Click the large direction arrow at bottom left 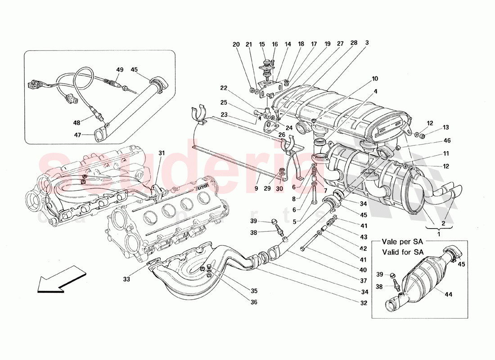(60, 279)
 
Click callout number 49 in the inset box (119, 70)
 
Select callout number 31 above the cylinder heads (162, 153)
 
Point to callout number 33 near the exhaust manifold (127, 279)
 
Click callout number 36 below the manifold (254, 302)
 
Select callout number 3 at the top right (367, 43)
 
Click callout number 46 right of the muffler (447, 141)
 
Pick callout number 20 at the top (237, 44)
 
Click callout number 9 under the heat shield (256, 189)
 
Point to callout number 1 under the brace (439, 234)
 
